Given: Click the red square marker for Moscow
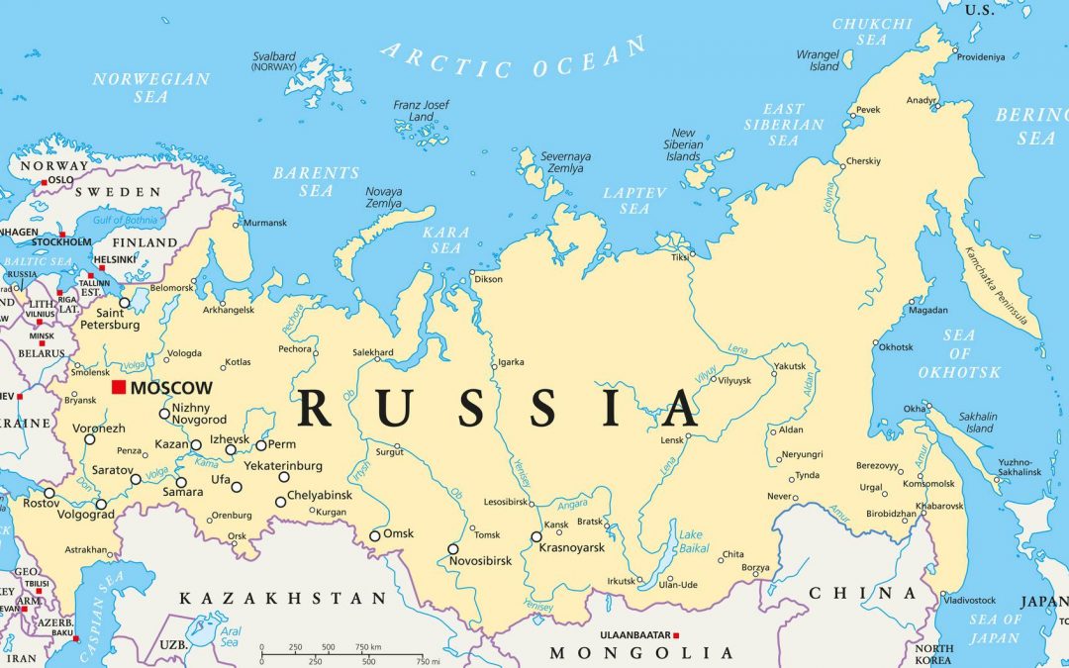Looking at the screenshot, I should [x=119, y=387].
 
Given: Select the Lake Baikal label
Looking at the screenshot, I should [x=690, y=541].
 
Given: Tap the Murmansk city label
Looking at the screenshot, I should [x=264, y=223].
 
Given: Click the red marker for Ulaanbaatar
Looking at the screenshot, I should [x=677, y=634].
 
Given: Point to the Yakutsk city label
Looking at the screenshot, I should [x=790, y=366].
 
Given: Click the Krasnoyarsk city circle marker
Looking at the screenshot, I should [x=536, y=537].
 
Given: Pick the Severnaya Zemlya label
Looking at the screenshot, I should [x=565, y=162].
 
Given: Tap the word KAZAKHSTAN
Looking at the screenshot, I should [x=282, y=599].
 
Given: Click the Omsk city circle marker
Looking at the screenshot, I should [x=375, y=536].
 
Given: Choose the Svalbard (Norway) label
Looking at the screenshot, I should [x=274, y=60].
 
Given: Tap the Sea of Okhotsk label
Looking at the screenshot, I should [x=958, y=354].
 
